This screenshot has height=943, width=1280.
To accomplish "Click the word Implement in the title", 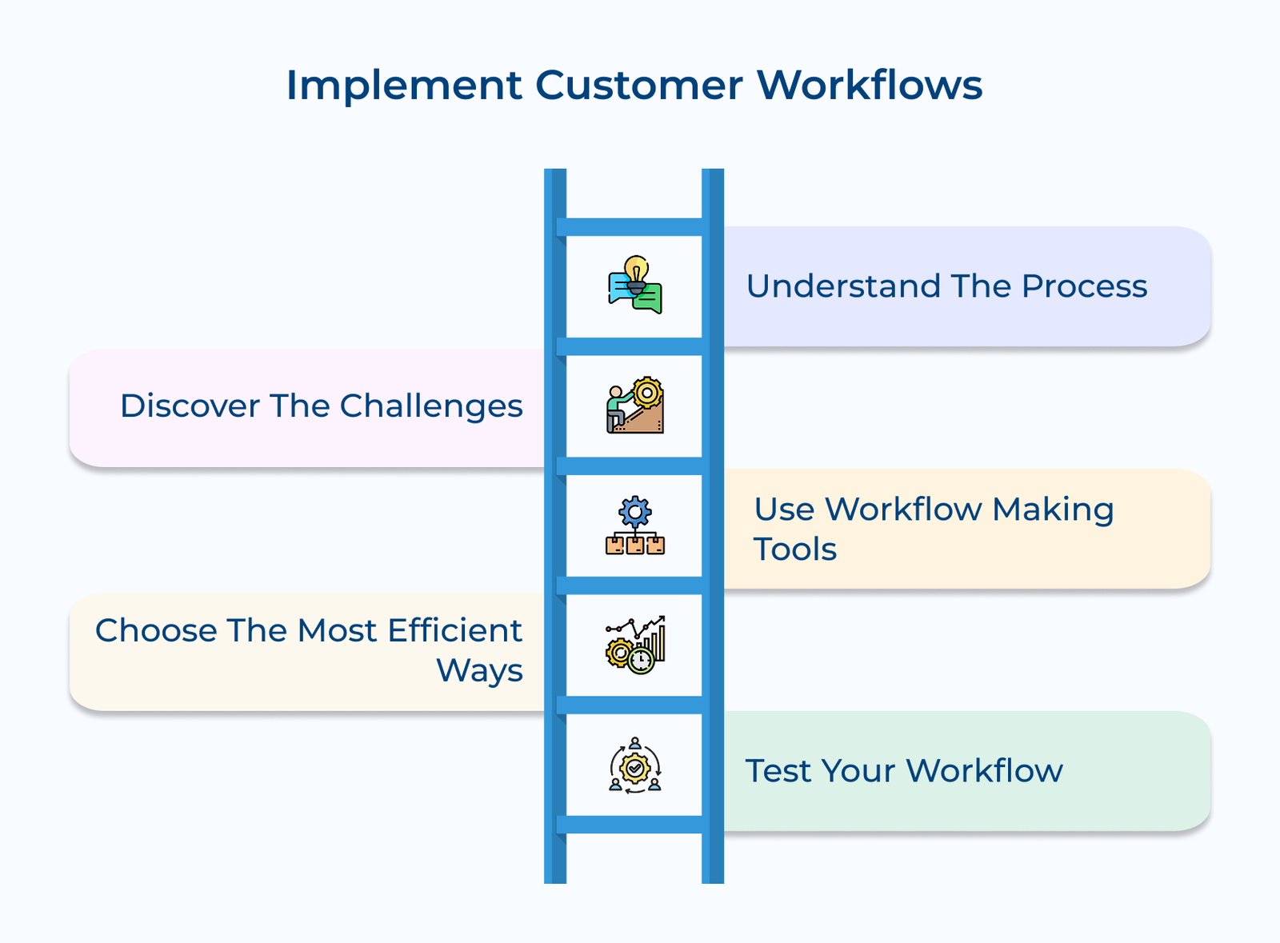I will pos(404,86).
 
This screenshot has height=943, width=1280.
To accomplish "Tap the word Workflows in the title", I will pos(870,86).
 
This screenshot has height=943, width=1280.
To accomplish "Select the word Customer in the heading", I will pos(638,86).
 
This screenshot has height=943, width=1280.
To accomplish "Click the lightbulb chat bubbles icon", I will pos(635,286).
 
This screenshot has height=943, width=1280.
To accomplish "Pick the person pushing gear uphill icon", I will pos(635,406).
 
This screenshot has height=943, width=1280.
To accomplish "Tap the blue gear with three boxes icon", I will pos(635,525).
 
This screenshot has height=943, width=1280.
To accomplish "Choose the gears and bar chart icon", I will pos(635,645).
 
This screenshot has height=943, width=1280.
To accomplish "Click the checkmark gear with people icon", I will pos(635,765).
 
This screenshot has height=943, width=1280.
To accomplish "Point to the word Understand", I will pos(843,286).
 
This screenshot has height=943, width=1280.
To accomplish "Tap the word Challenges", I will pos(431,406).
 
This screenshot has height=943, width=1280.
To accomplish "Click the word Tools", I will pos(794,550).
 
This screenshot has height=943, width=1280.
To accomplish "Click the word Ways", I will pos(479,671).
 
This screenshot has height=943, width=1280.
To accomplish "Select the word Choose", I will pos(156,631).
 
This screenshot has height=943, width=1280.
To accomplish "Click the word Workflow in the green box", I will pos(984,771).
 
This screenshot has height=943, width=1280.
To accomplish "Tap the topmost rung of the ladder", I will pos(634,227).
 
